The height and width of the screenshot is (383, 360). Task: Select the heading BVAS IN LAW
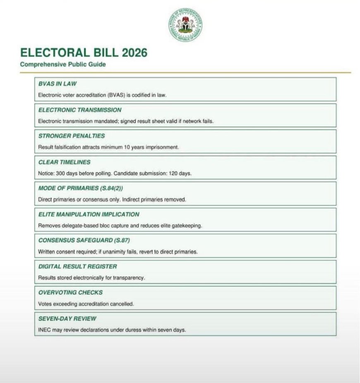[58, 84]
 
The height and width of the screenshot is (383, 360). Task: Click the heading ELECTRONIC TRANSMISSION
[80, 110]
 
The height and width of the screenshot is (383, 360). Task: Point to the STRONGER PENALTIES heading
[72, 136]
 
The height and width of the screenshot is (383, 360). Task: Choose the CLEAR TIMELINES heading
[64, 162]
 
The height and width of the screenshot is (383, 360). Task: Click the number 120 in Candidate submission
[175, 173]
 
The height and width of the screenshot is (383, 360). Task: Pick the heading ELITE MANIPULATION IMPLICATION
[89, 214]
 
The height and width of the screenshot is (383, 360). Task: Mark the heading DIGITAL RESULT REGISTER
[78, 266]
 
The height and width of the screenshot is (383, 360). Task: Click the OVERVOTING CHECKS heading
[70, 292]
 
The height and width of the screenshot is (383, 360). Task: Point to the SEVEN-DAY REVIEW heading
[67, 318]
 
